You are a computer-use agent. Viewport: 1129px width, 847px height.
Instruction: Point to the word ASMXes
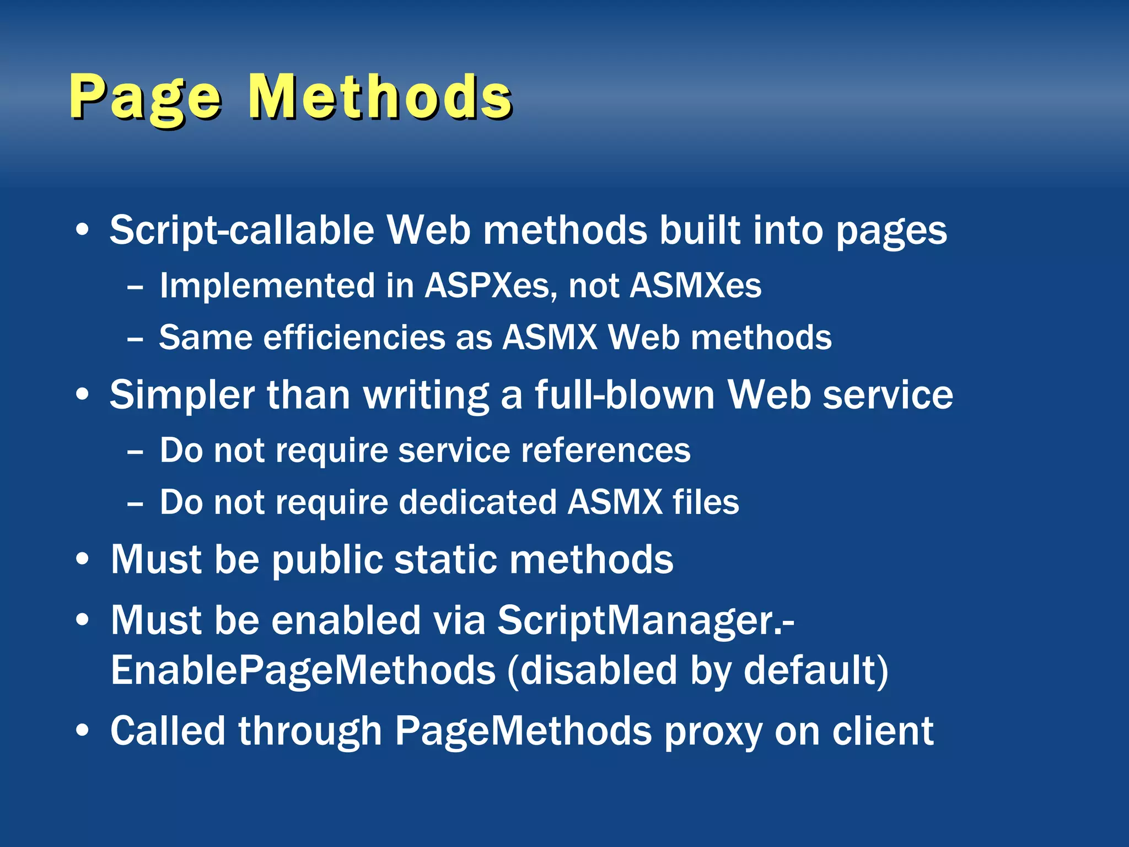tap(695, 286)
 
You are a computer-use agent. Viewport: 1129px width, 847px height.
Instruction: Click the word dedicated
tap(477, 502)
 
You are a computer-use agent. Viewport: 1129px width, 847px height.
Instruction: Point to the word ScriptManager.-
tap(646, 621)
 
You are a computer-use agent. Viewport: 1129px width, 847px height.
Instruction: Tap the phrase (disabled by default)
tap(697, 671)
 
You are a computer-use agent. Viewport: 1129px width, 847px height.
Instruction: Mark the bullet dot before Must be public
tap(83, 559)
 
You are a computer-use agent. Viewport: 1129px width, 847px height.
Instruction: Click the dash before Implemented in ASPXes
tap(135, 287)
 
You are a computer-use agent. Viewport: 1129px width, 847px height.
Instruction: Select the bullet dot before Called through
tap(83, 730)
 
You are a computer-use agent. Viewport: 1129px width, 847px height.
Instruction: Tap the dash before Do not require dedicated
tap(135, 504)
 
